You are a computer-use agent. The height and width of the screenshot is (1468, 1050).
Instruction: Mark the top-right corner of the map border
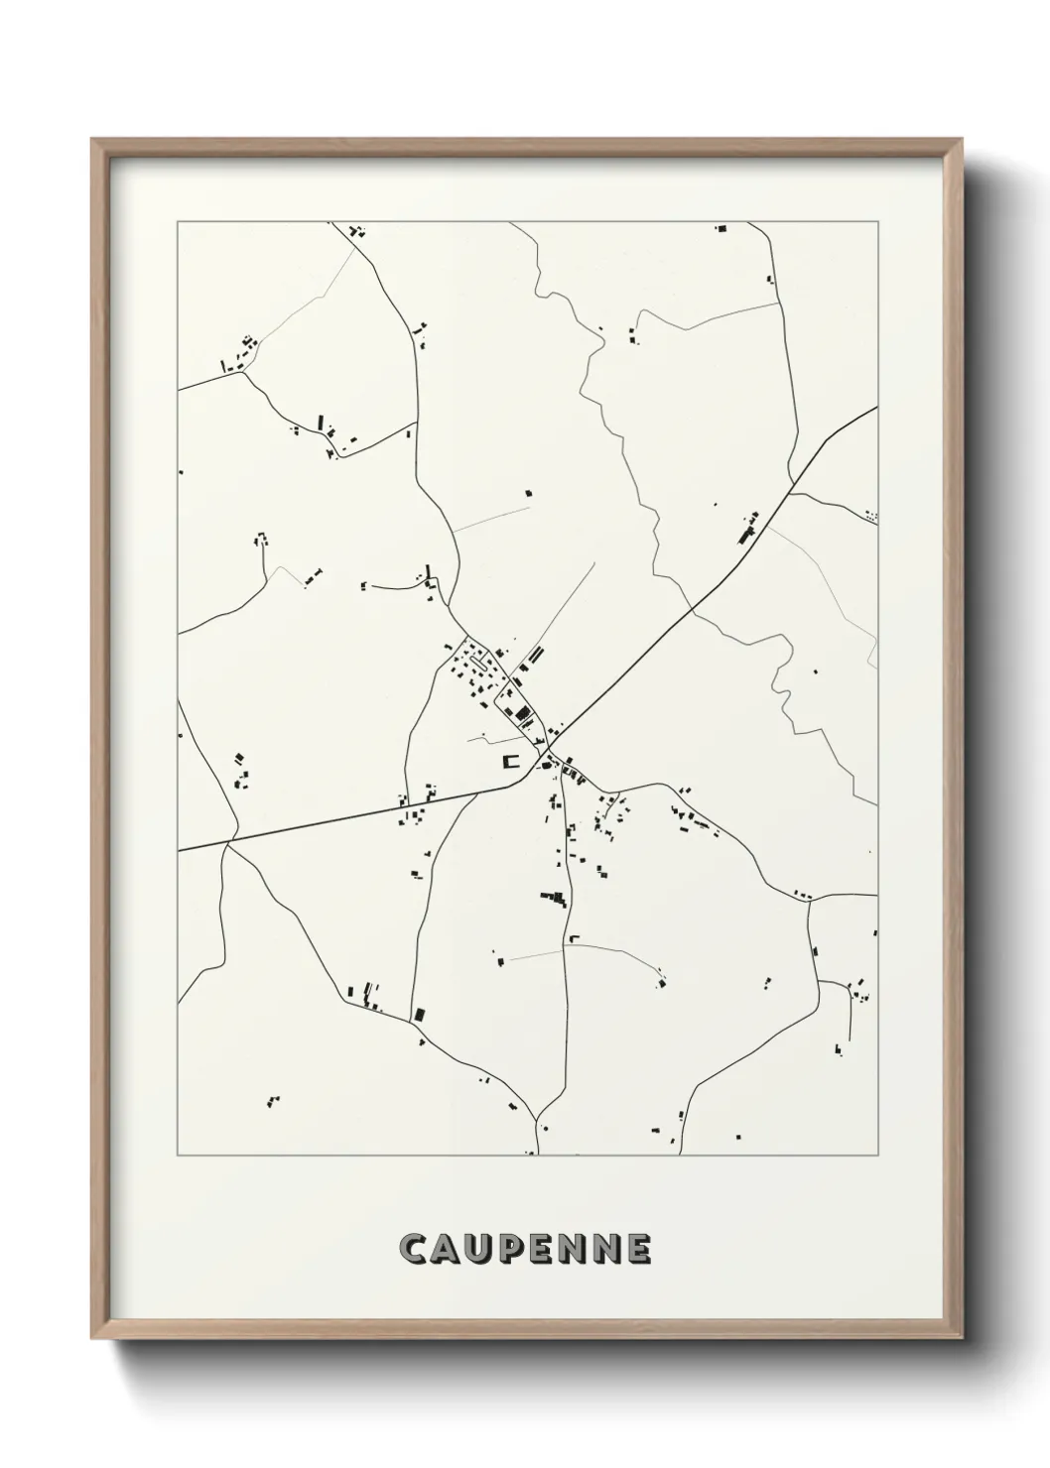tap(877, 222)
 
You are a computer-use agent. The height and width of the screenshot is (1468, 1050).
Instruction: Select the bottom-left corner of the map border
tap(178, 1156)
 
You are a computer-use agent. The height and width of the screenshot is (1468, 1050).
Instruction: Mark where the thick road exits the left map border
tap(179, 850)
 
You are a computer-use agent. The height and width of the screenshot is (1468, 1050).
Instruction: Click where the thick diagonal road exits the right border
tap(876, 408)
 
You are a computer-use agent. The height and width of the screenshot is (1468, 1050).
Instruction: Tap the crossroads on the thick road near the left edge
tap(229, 842)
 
